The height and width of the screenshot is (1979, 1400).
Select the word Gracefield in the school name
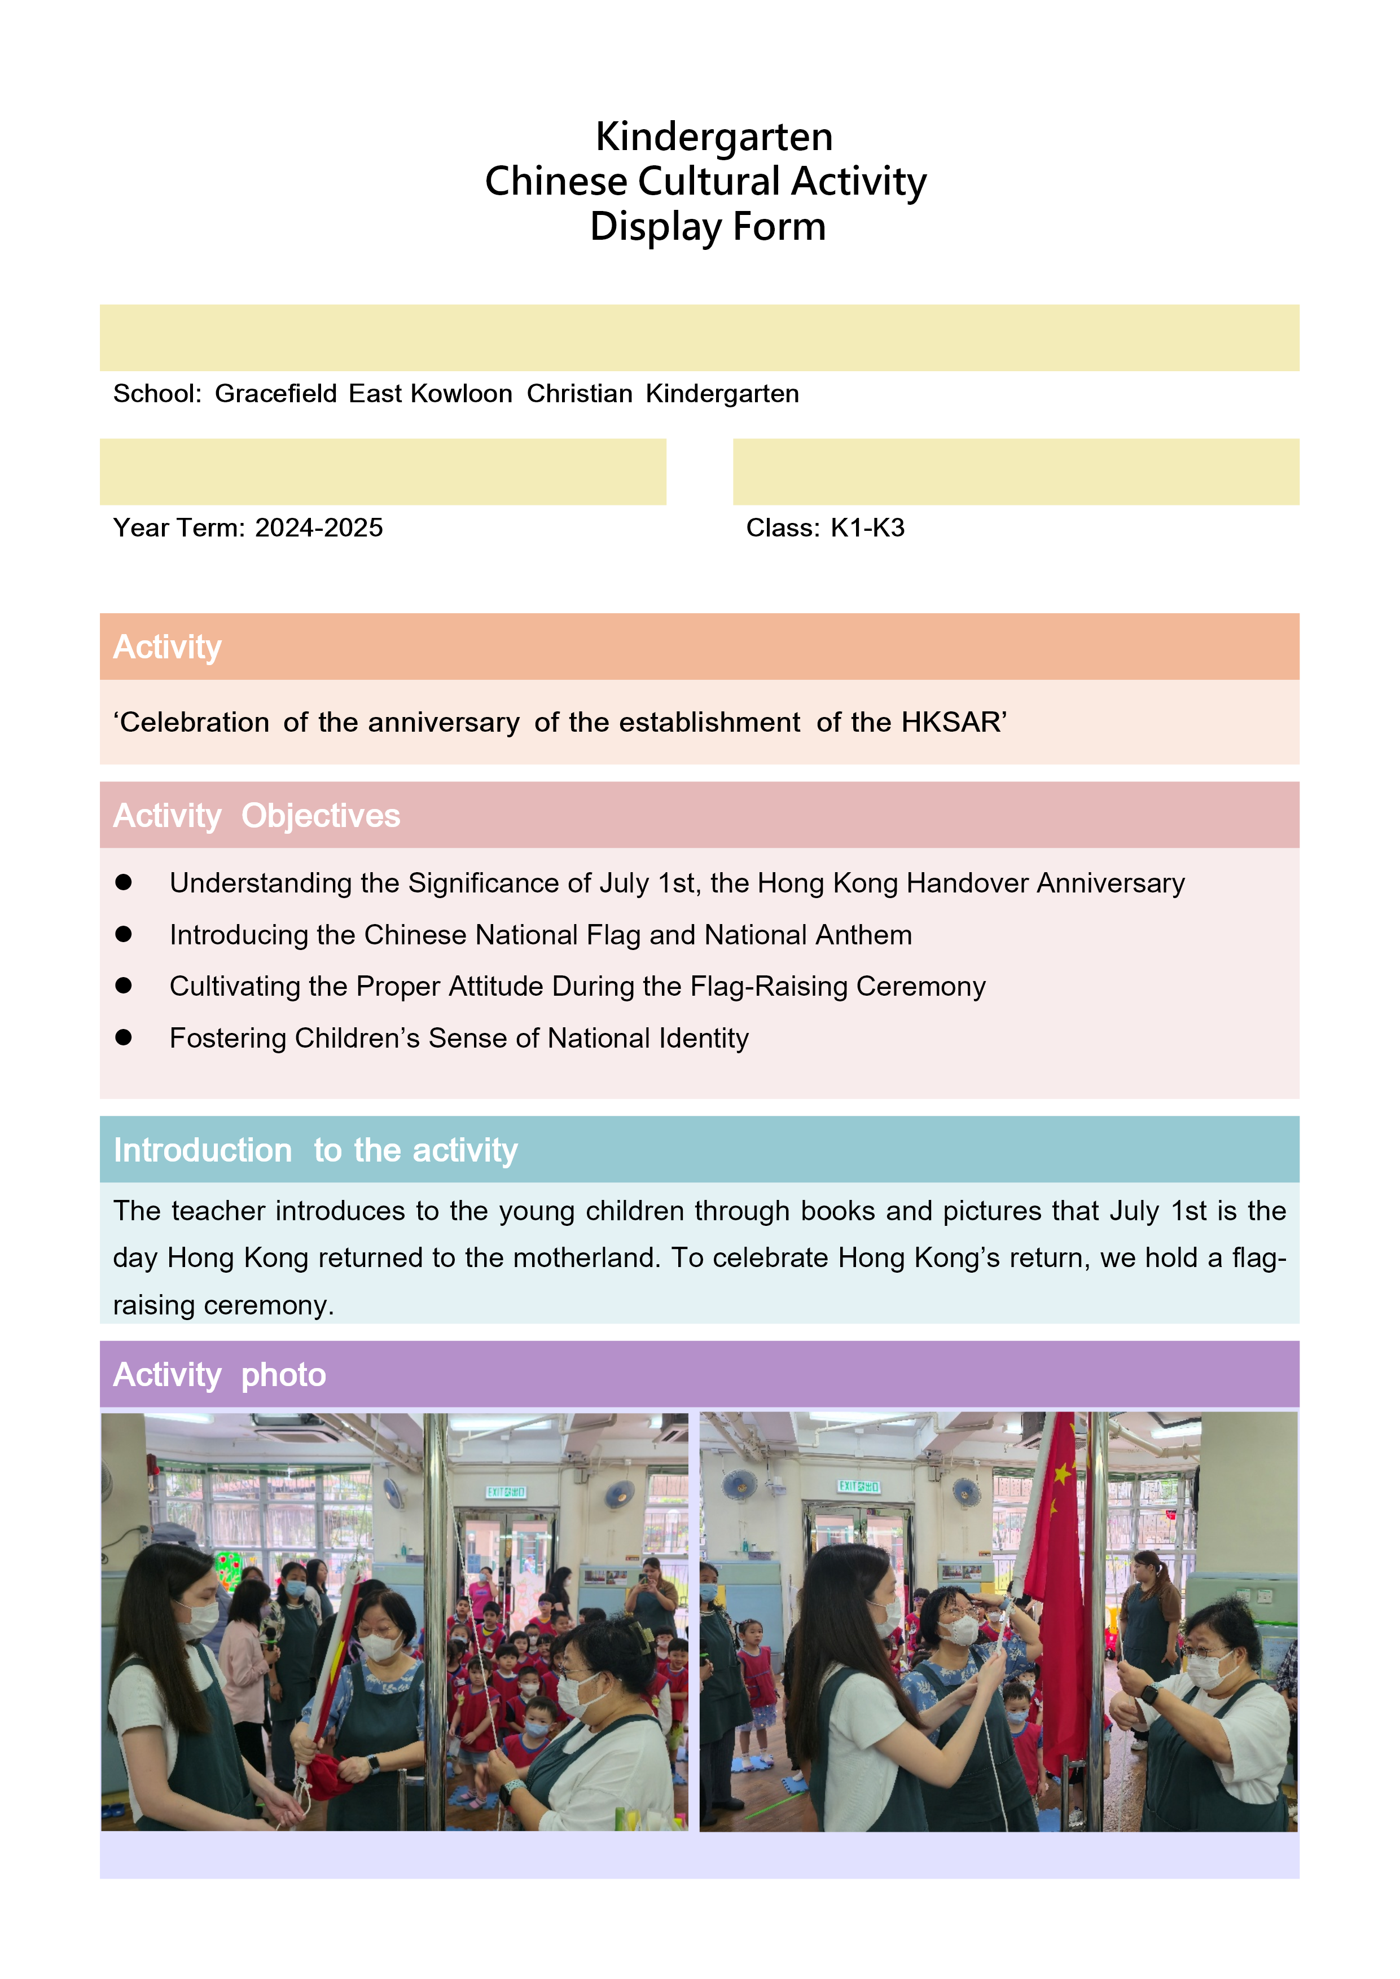(x=276, y=394)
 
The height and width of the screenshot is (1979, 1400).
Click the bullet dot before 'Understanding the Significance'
(x=123, y=882)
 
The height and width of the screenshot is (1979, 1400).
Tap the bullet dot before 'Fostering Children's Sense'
(x=123, y=1037)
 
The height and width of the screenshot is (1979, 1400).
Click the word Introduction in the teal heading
(x=203, y=1151)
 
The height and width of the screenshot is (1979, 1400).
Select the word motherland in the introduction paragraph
(x=585, y=1259)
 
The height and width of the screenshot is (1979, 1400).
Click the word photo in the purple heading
(x=284, y=1375)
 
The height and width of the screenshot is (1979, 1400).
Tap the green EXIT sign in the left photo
(x=506, y=1492)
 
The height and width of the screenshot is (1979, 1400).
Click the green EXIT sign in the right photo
(x=859, y=1486)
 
